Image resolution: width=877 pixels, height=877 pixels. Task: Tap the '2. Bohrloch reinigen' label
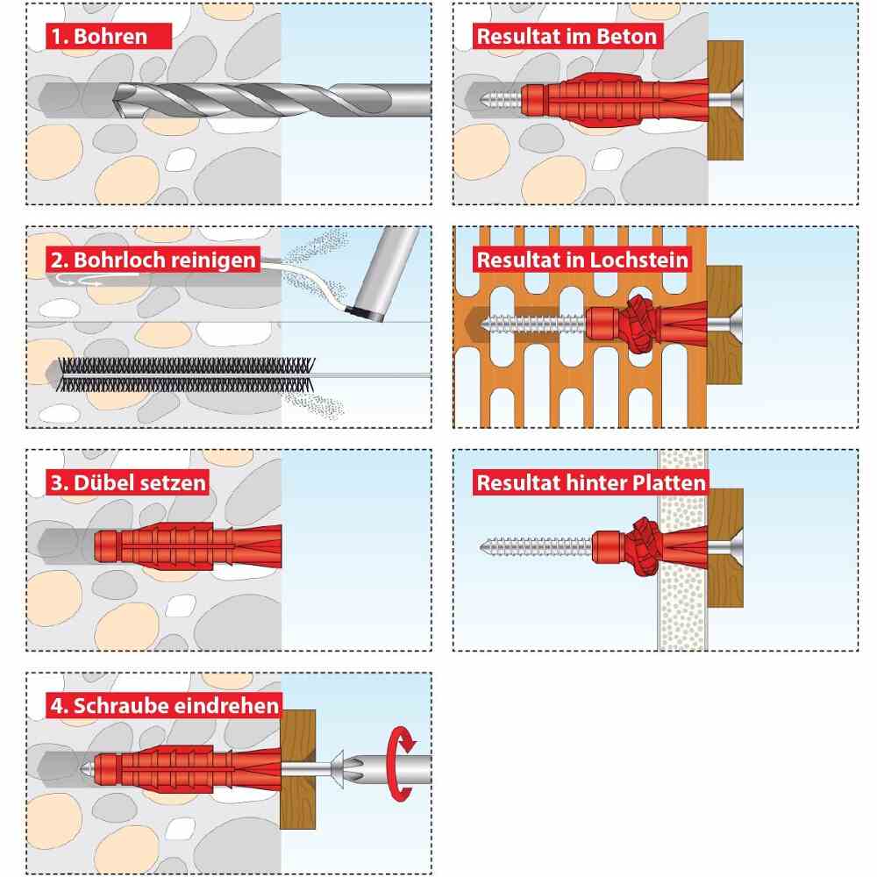[x=153, y=260]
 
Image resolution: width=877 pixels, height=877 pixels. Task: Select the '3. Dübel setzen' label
[x=128, y=482]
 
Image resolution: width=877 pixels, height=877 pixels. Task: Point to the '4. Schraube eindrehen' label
[x=165, y=705]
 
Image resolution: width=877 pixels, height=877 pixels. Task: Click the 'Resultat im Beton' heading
[x=567, y=36]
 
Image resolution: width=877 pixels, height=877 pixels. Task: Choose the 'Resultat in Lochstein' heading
[x=582, y=260]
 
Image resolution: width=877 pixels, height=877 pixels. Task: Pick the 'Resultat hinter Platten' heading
[x=591, y=482]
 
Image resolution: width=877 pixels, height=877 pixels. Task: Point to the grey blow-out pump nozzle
[x=383, y=274]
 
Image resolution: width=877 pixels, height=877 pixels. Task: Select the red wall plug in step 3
[x=188, y=546]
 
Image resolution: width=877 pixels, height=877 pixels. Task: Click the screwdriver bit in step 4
[x=386, y=769]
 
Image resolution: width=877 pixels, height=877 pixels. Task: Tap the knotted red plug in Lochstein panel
[x=640, y=325]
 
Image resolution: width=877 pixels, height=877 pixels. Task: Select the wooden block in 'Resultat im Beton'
[x=725, y=100]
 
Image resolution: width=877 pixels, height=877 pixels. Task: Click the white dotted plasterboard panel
[x=682, y=550]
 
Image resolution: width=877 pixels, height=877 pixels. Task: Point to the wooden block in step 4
[x=297, y=769]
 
